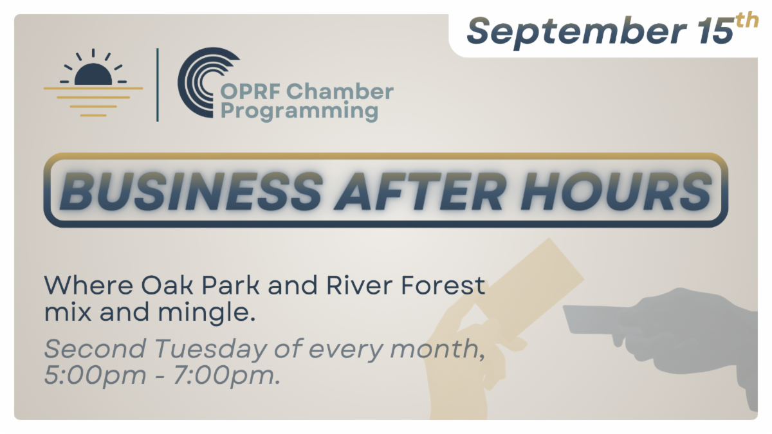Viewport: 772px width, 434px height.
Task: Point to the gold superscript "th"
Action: [747, 21]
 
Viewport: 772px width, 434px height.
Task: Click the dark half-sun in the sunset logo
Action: [93, 74]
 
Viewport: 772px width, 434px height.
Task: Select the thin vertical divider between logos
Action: [158, 85]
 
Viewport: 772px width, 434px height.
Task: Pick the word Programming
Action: [299, 112]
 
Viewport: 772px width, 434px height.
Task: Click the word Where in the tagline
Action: [89, 285]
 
